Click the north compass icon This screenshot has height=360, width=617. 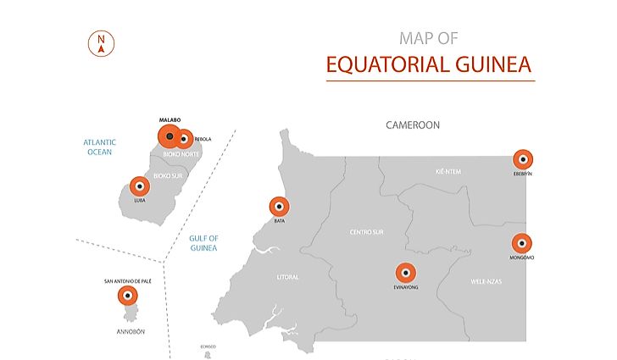click(102, 42)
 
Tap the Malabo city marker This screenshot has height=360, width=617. click(170, 136)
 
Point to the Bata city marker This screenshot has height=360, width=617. click(279, 207)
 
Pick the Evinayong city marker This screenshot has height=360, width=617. click(406, 273)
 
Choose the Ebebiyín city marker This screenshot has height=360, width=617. click(523, 158)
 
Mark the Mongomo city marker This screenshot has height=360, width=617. click(523, 243)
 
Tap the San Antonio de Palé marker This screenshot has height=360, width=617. click(128, 296)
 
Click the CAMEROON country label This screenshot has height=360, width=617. click(413, 125)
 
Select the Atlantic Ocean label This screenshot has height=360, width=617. click(100, 147)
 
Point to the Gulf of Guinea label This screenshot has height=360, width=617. click(203, 243)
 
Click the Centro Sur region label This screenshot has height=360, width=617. click(367, 231)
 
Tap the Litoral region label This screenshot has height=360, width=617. click(287, 277)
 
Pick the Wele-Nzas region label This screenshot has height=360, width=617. click(486, 280)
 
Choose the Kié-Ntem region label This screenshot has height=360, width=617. click(447, 171)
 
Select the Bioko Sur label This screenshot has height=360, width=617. click(168, 175)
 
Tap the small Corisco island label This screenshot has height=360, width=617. click(208, 346)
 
